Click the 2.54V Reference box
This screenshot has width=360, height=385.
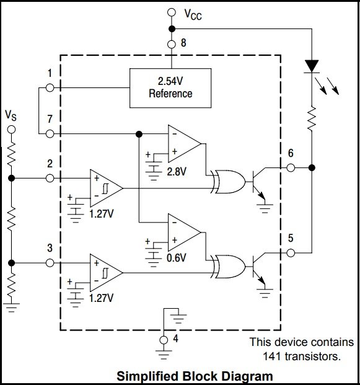coord(170,88)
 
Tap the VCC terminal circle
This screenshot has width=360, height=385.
coord(172,12)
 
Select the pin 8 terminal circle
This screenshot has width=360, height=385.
coord(172,44)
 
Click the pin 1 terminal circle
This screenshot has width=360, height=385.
coord(50,87)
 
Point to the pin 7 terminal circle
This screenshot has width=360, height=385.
coord(50,134)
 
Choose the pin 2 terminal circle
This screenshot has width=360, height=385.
coord(50,179)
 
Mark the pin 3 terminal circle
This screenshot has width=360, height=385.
coord(50,263)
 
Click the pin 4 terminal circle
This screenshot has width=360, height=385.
coord(164,340)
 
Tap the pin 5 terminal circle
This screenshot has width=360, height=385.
coord(291,253)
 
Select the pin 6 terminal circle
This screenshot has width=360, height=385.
coord(291,168)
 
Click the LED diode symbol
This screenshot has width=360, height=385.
coord(312,66)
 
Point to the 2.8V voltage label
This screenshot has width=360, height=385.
coord(177,172)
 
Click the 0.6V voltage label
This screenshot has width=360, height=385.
coord(177,258)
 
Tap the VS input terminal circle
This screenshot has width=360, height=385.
coord(11,130)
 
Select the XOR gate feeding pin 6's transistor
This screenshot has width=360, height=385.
coord(228,182)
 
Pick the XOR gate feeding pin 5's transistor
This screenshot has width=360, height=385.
coord(228,267)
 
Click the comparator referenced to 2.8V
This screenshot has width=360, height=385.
coord(184,144)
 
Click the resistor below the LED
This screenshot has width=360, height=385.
coord(312,118)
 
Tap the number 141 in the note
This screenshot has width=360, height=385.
coord(273,356)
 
